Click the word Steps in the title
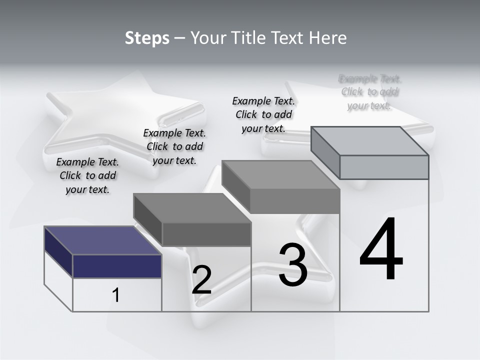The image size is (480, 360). tap(147, 38)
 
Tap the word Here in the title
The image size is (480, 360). tap(328, 38)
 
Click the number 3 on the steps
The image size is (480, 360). tap(293, 265)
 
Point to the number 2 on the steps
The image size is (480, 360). tap(201, 280)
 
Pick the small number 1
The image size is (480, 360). tap(116, 295)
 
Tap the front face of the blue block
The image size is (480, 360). tap(117, 266)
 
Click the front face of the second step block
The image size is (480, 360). tap(206, 234)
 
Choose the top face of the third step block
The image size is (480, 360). tap(281, 175)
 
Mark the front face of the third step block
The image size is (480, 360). tap(295, 201)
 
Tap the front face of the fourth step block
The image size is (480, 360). tap(384, 167)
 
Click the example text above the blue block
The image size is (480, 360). tap(87, 175)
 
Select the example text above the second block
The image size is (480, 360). tap(174, 146)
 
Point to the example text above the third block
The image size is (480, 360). tap(263, 114)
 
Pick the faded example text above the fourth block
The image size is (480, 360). tap(370, 92)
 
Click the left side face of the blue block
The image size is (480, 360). tap(58, 252)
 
